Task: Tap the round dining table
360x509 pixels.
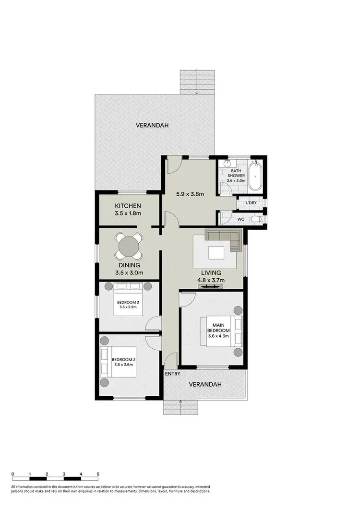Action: [129, 247]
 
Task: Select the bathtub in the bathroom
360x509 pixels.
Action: [255, 176]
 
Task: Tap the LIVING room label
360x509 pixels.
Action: [211, 272]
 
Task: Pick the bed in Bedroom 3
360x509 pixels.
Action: [129, 301]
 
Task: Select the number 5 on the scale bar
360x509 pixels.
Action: [98, 474]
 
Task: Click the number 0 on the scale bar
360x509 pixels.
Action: [12, 474]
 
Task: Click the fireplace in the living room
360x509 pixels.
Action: [211, 286]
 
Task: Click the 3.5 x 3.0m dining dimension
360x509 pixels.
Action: [129, 273]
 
